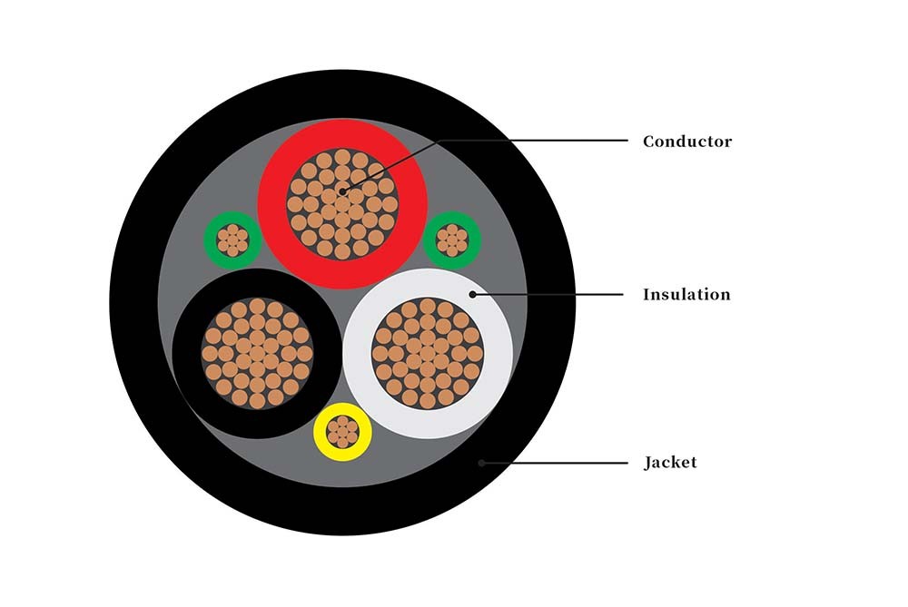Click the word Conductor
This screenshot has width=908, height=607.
[x=687, y=142]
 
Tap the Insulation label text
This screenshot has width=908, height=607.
[x=686, y=295]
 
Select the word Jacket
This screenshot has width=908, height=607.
[x=671, y=463]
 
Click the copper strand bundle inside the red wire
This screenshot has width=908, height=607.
[x=342, y=204]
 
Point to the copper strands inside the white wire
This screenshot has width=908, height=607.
[x=428, y=354]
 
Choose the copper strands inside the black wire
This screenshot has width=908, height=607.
[x=257, y=354]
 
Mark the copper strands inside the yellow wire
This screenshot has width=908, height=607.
[x=342, y=432]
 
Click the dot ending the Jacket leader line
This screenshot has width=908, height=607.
[x=481, y=463]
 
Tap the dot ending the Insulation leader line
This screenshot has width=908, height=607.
[x=472, y=295]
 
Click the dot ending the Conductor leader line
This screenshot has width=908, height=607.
[x=342, y=191]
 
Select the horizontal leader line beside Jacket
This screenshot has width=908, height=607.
[x=555, y=463]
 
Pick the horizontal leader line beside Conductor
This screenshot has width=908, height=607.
[x=534, y=140]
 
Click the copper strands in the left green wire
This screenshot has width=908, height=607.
[x=232, y=240]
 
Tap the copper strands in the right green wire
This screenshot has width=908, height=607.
[x=451, y=240]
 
